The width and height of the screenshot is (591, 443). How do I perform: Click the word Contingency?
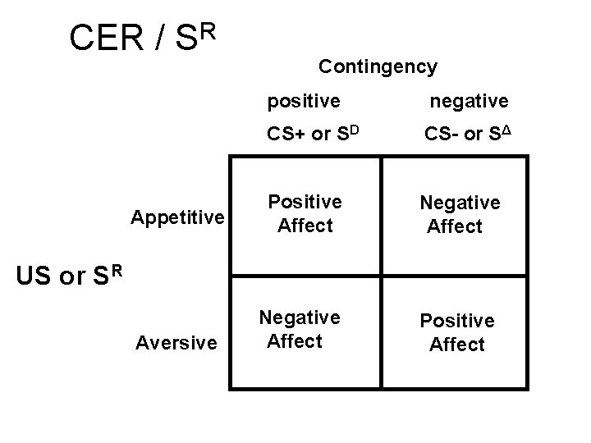click(378, 66)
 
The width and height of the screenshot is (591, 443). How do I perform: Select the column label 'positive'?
click(305, 101)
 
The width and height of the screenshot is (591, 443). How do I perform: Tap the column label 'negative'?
click(470, 101)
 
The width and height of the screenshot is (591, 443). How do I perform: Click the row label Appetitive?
click(178, 217)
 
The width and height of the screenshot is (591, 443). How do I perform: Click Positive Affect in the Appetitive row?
click(305, 213)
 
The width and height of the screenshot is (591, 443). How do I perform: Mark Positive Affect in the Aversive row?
click(457, 332)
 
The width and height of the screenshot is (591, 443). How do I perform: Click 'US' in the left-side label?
click(34, 277)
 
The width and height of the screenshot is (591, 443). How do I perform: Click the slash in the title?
click(161, 38)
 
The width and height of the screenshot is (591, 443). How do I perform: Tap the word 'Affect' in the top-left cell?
click(305, 224)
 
